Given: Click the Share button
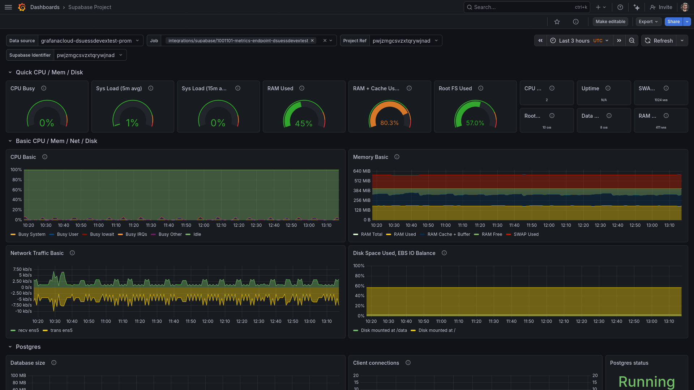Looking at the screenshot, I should pos(673,22).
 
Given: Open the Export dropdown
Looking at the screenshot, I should pos(648,22).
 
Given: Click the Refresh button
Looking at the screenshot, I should pos(659,41).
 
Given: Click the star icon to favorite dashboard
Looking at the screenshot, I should pos(557,22).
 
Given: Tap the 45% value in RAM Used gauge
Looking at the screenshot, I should pos(304,123).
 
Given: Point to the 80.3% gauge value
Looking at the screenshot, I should pos(389,123).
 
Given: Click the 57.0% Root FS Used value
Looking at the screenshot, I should pos(475,123).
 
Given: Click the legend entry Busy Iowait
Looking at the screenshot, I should pos(102,234).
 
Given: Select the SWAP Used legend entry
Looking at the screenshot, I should pos(526,234).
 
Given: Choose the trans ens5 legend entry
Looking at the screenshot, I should pos(61,330).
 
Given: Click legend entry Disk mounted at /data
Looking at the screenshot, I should pos(384,330).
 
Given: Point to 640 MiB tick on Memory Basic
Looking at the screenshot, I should pos(362,171).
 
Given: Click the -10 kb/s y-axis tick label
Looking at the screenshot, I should pos(23,311).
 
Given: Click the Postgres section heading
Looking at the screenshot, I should pos(28,347).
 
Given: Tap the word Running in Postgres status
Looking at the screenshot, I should pos(646,382).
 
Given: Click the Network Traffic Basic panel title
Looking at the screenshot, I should pos(37,253).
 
